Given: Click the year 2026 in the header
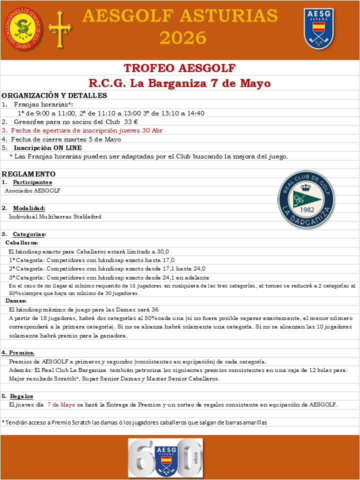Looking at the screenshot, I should pos(183,37).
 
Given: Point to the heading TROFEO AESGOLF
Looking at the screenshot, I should pos(179,68).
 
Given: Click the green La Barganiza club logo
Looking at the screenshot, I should pos(306,196).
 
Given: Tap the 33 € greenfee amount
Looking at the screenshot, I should pos(131,121).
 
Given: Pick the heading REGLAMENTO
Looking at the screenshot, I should pos(29,174).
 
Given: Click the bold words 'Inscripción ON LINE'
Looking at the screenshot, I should pos(47,147).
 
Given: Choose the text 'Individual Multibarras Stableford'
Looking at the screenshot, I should pos(55,216).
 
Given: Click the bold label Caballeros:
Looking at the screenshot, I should pos(21,242).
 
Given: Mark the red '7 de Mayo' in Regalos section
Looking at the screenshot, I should pos(61,404).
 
